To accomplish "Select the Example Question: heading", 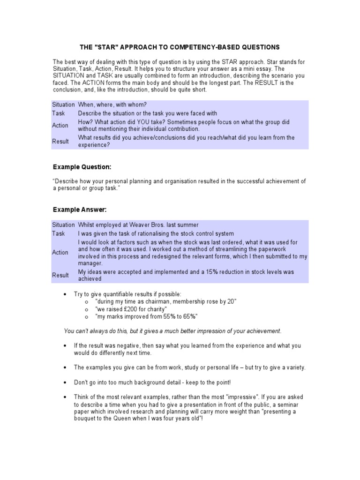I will pyautogui.click(x=82, y=167).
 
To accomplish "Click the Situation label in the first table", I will pyautogui.click(x=63, y=105).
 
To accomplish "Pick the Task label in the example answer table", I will pyautogui.click(x=59, y=233).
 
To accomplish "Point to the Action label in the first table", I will pyautogui.click(x=60, y=125).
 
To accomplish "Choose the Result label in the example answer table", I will pyautogui.click(x=60, y=275).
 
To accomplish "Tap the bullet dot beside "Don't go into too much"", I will pyautogui.click(x=65, y=382).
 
